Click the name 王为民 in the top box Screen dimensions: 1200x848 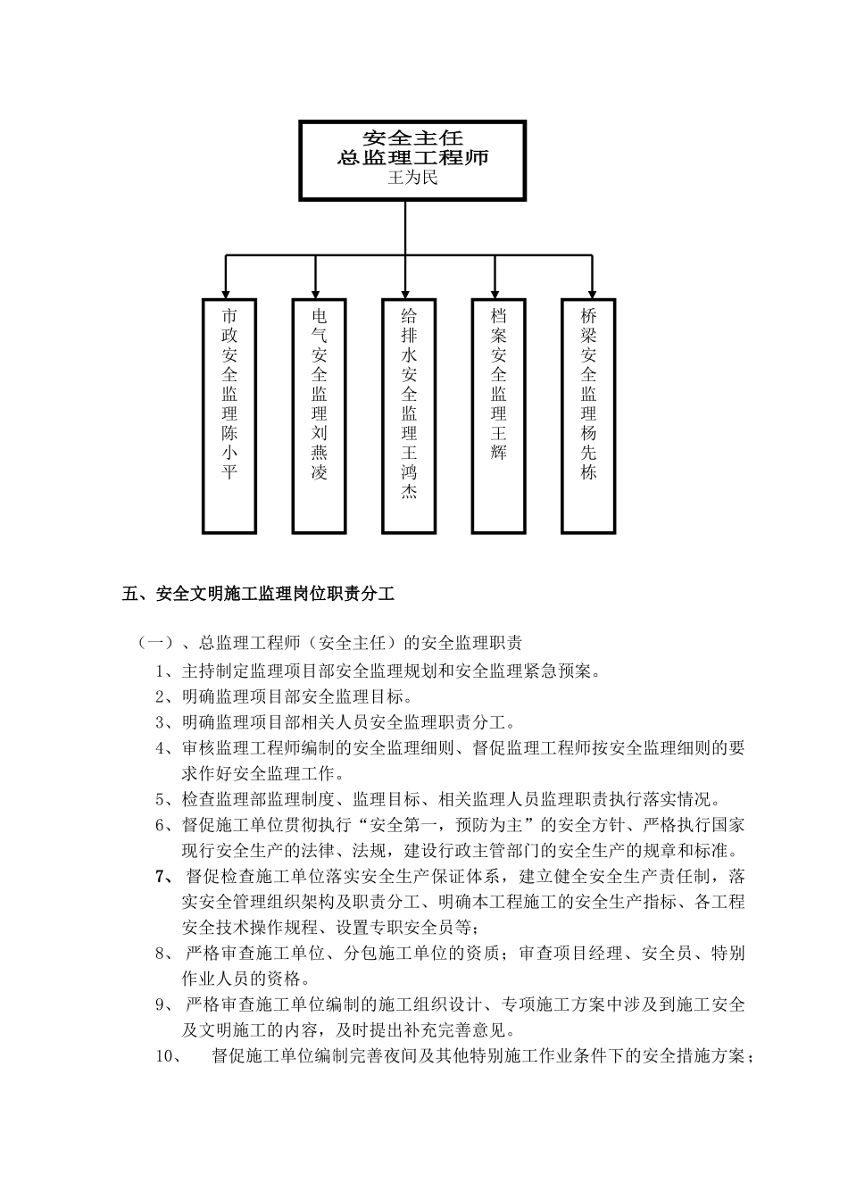412,179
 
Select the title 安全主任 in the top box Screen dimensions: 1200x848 412,137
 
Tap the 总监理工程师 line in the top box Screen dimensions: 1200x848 412,158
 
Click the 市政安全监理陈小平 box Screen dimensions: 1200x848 229,416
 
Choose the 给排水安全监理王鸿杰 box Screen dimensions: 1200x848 409,416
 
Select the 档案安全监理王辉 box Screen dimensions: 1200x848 499,416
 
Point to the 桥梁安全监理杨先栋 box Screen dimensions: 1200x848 588,416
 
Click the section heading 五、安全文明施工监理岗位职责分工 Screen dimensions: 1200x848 258,593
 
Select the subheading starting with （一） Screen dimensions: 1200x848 329,643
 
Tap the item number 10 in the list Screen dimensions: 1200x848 168,1056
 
